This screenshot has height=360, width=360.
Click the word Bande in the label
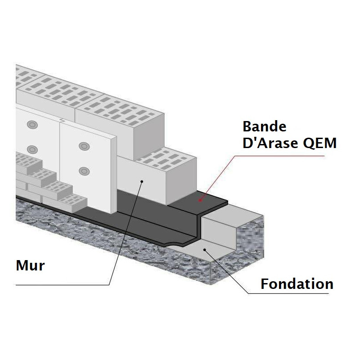coord(265,126)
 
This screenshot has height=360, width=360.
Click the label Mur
coord(30,265)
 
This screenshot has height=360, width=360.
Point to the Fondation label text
coord(297,284)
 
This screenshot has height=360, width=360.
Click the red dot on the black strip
coord(200,198)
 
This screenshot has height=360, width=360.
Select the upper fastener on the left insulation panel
coord(31,124)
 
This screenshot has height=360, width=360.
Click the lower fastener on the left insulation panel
coord(31,149)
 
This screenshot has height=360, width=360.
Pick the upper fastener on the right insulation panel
coord(83,146)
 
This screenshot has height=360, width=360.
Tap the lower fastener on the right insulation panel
coord(83,171)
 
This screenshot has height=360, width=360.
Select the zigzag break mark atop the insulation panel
coord(61,120)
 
